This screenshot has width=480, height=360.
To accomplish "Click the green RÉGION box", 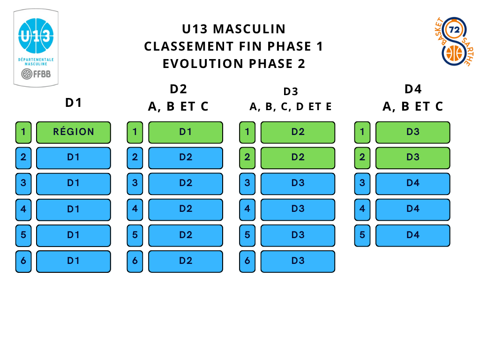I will click(x=73, y=132).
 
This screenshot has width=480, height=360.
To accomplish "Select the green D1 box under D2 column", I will click(x=185, y=132).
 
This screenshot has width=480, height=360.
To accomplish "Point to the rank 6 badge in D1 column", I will click(x=23, y=261).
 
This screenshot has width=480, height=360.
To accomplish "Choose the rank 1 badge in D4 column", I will click(x=362, y=132).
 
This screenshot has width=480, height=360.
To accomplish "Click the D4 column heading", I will click(x=413, y=89).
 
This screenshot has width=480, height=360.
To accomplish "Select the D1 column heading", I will click(x=74, y=103).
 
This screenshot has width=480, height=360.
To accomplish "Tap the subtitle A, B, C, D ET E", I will click(x=291, y=107).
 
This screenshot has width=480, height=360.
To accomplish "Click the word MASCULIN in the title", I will click(x=249, y=29).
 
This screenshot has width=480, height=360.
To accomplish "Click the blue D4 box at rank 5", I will click(x=412, y=235).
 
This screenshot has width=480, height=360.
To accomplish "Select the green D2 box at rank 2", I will click(x=298, y=158).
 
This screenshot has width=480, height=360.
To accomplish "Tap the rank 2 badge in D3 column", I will click(x=247, y=158).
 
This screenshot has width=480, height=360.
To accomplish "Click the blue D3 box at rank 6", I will click(x=298, y=261).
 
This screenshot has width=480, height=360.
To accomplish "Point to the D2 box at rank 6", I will click(x=185, y=261).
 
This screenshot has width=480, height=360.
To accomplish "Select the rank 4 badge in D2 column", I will click(x=135, y=210).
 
